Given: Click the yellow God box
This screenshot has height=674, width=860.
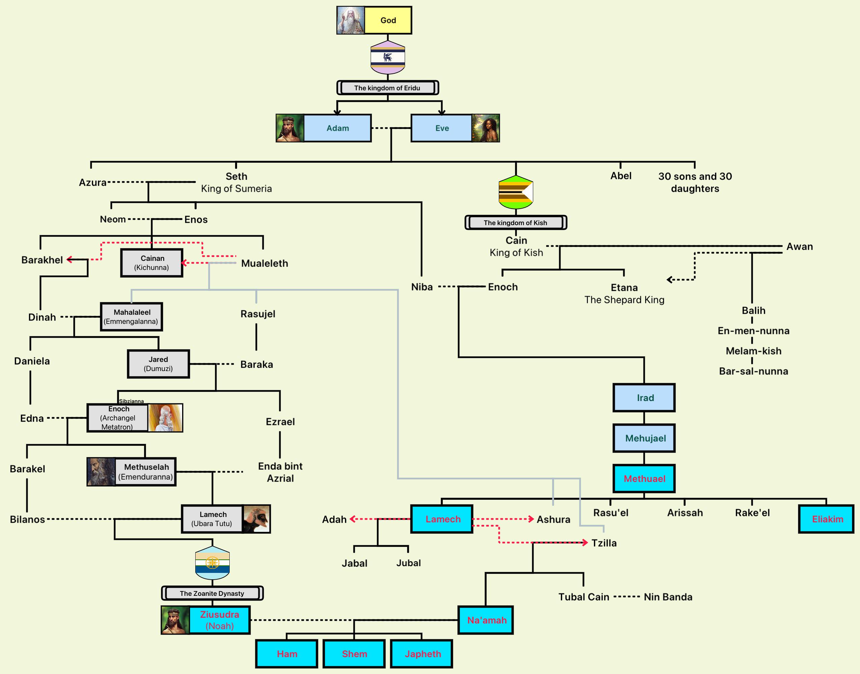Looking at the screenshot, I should click(388, 20).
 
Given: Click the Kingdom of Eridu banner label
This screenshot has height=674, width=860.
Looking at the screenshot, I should click(388, 88).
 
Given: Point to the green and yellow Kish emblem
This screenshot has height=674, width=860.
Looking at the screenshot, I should click(516, 192).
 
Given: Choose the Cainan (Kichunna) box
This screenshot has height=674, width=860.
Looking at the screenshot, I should click(152, 263).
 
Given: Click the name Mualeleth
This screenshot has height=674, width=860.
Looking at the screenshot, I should click(264, 264).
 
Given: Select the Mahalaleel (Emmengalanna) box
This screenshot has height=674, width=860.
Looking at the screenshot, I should click(132, 317).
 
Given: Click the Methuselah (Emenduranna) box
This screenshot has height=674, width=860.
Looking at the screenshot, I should click(146, 471).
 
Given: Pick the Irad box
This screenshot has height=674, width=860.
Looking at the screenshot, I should click(644, 398).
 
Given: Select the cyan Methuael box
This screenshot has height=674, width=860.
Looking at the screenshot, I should click(644, 479).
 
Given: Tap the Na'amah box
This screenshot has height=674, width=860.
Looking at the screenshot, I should click(486, 620).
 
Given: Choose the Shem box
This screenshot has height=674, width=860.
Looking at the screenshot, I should click(354, 654).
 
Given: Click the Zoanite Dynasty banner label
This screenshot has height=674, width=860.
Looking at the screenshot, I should click(212, 593).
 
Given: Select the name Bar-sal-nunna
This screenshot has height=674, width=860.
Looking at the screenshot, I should click(753, 371).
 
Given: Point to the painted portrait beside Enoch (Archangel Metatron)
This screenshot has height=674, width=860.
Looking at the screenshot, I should click(166, 418).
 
